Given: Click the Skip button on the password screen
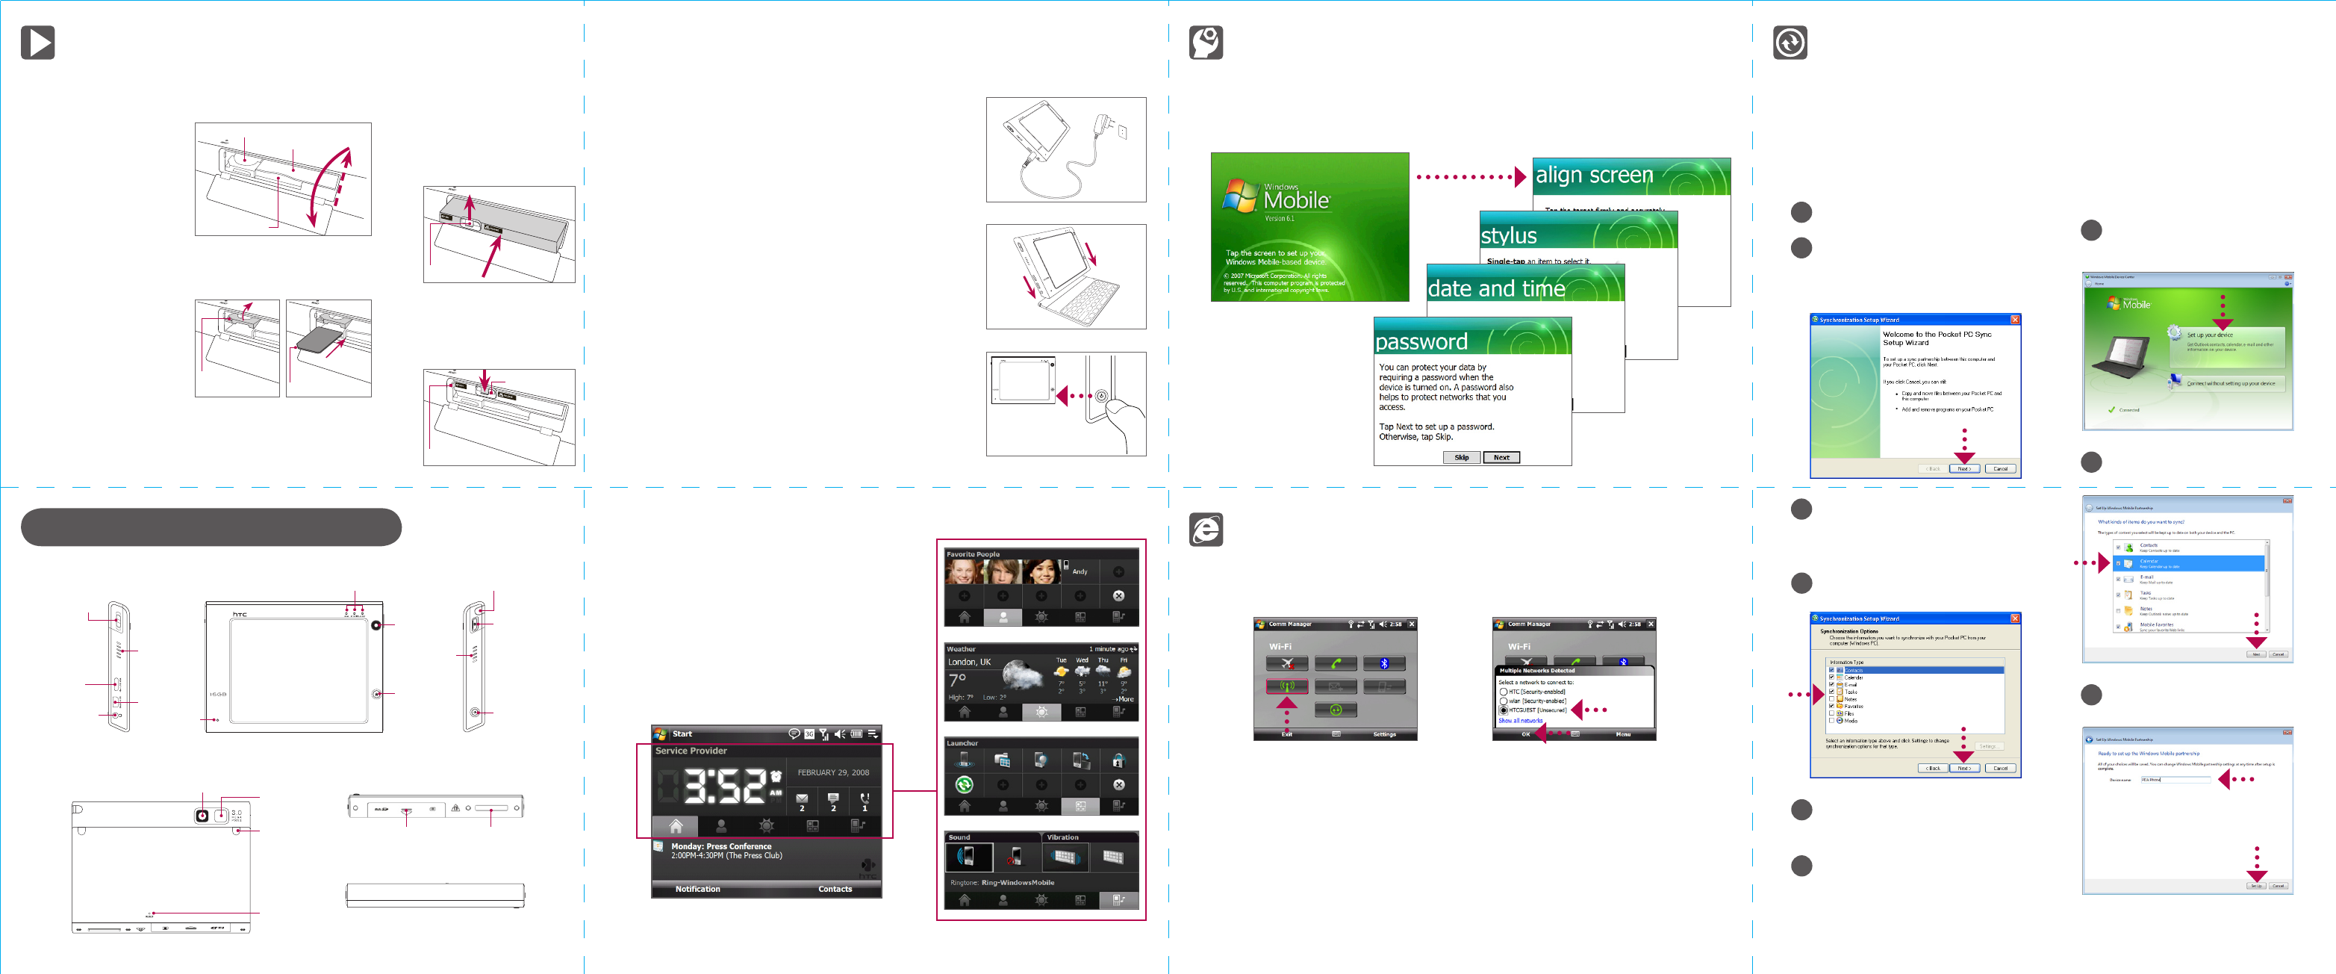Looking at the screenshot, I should tap(1461, 457).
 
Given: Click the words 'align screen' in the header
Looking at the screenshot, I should tap(1593, 175).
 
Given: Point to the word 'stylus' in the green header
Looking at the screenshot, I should tap(1508, 236).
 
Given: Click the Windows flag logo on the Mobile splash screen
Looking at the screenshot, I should tap(1239, 196).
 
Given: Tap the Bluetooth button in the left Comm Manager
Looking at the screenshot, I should tap(1384, 664).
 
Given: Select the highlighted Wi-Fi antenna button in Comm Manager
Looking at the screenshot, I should tap(1287, 686).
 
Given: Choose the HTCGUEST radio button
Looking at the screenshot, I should tap(1504, 710).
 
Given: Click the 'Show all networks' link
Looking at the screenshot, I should tap(1520, 720).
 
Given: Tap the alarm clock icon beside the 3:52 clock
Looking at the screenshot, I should tap(776, 776).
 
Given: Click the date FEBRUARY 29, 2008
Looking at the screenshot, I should tap(832, 772).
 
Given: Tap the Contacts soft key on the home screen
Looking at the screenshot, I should tap(835, 889).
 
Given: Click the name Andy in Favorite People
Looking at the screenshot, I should tap(1079, 571).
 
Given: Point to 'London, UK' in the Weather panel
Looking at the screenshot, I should tap(968, 662).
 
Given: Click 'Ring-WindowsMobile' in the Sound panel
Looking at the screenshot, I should tap(1018, 882).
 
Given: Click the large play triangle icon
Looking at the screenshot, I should tap(38, 43).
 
